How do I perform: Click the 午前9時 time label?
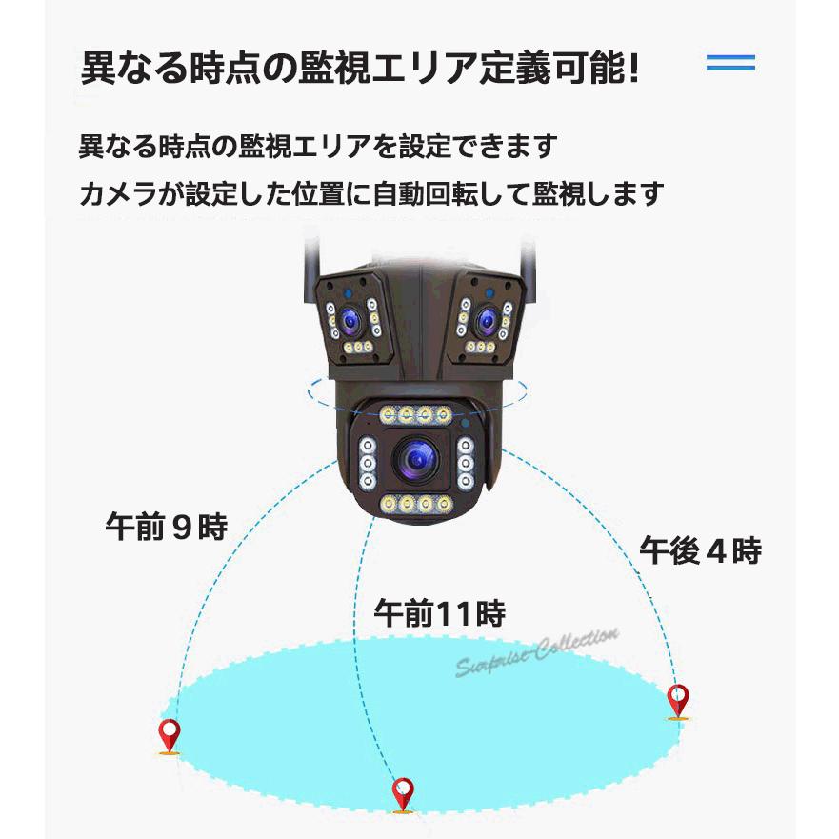[166, 527]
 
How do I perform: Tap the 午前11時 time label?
[439, 612]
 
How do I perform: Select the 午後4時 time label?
[700, 550]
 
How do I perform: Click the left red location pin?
[170, 735]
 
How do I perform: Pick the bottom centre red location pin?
[404, 793]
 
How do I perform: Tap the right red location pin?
[677, 701]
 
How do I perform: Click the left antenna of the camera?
[310, 261]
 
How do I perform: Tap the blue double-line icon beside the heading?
[730, 64]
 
